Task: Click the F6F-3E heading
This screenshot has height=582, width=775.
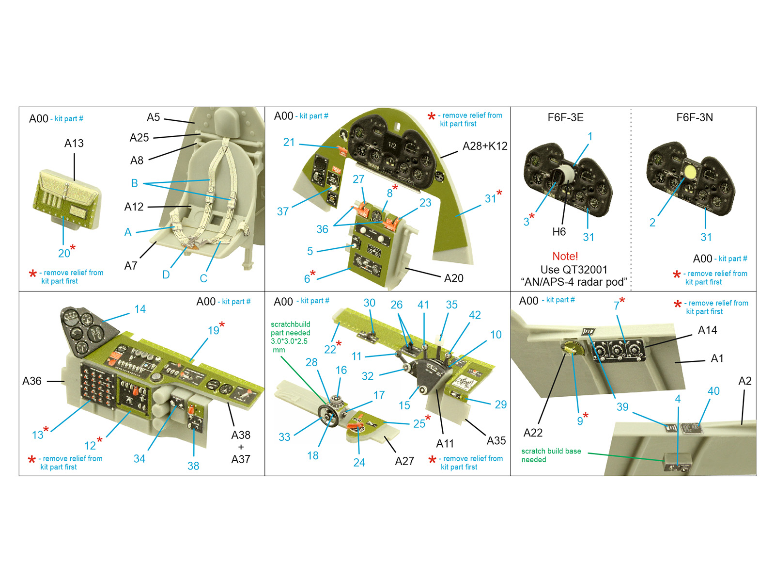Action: click(x=565, y=118)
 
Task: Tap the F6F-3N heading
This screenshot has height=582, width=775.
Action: click(x=695, y=118)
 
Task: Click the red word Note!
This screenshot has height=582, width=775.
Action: click(x=565, y=256)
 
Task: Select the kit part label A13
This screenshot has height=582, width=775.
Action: click(x=74, y=144)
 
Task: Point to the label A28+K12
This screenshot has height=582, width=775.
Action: click(x=484, y=146)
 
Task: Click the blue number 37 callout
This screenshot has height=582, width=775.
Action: click(x=283, y=211)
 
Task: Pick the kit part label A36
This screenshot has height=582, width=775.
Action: click(x=32, y=381)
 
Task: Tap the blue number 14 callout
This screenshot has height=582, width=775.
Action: click(x=140, y=309)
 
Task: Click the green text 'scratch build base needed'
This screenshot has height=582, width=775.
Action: click(x=551, y=455)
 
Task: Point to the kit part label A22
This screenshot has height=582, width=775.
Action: click(x=533, y=433)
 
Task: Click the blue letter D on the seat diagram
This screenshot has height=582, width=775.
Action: click(x=166, y=275)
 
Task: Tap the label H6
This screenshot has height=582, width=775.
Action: click(x=559, y=232)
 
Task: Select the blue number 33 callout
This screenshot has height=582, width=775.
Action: click(x=284, y=437)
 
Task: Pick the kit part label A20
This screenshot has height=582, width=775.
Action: click(x=453, y=278)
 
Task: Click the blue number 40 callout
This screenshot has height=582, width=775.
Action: click(x=713, y=391)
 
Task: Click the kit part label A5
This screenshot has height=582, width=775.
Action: click(x=153, y=117)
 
